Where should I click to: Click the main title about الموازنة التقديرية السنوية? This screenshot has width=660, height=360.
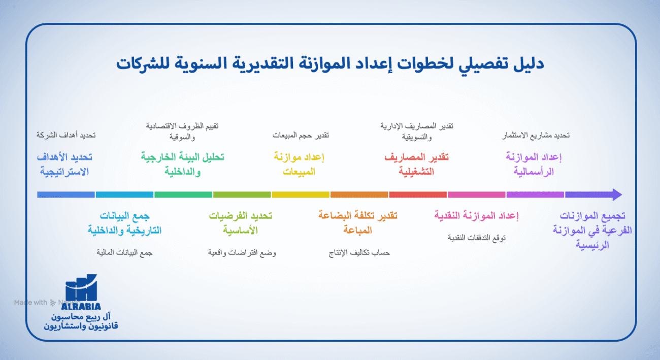click(330, 64)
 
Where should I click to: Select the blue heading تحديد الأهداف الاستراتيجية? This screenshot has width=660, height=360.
click(65, 165)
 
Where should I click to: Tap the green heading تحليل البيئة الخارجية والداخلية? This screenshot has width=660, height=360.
click(182, 165)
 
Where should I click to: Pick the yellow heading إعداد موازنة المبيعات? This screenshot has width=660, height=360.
click(299, 165)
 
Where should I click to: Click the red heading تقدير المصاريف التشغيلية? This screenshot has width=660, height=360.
click(416, 165)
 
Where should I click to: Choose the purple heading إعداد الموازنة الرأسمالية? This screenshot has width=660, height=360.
click(534, 165)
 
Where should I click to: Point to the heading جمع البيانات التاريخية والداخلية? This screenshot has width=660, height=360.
click(124, 223)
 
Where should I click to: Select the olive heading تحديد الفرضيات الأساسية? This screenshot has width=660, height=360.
click(241, 223)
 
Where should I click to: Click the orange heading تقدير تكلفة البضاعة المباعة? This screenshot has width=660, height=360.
click(358, 223)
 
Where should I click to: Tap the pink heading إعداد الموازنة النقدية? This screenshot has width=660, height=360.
click(476, 216)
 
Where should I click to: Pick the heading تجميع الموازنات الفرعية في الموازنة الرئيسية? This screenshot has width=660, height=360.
click(592, 230)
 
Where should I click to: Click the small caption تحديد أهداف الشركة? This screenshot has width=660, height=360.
click(66, 136)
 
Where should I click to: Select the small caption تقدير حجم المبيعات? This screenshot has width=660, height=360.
click(301, 136)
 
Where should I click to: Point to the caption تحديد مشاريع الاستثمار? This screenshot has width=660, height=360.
click(535, 136)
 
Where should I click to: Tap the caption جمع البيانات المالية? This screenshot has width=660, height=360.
click(125, 252)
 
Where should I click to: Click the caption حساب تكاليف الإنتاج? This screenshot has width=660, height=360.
click(359, 252)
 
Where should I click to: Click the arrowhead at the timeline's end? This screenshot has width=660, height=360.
click(616, 194)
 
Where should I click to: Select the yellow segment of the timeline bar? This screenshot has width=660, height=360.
click(301, 194)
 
